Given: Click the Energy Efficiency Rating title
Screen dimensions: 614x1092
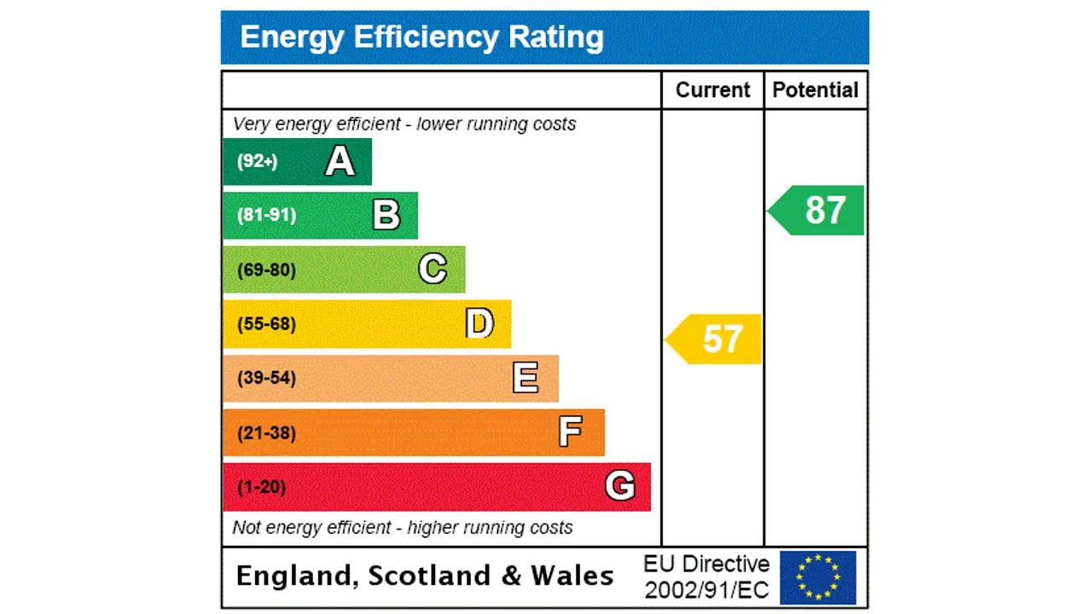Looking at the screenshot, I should click(x=421, y=38).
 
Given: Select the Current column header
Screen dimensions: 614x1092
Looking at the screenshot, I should click(x=712, y=90).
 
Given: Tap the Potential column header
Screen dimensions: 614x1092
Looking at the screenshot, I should click(x=815, y=90).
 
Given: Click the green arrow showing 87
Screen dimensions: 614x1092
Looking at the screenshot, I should click(x=817, y=210).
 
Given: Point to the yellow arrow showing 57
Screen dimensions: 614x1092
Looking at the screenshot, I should click(x=715, y=339).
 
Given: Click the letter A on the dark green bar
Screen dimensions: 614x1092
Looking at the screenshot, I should click(x=340, y=161).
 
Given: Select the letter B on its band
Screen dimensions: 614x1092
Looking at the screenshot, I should click(x=386, y=215).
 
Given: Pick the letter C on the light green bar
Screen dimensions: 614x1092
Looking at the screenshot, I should click(x=433, y=269).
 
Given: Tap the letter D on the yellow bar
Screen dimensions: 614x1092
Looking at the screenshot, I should click(x=479, y=324).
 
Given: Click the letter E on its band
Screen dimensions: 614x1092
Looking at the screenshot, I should click(x=526, y=378).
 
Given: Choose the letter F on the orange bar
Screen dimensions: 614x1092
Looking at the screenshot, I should click(x=571, y=432).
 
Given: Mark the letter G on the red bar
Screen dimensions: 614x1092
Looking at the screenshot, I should click(x=620, y=486).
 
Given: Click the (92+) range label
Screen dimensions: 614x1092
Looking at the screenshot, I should click(x=258, y=161).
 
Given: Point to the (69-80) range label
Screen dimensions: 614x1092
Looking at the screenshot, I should click(x=266, y=270).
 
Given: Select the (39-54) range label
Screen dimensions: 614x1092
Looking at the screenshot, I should click(x=266, y=378).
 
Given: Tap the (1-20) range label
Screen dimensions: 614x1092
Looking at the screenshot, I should click(x=261, y=487).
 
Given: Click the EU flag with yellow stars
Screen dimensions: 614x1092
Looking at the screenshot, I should click(x=817, y=577).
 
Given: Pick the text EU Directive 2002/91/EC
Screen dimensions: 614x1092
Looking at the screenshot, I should click(x=706, y=577).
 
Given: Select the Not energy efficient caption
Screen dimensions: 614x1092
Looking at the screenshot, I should click(x=402, y=528).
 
